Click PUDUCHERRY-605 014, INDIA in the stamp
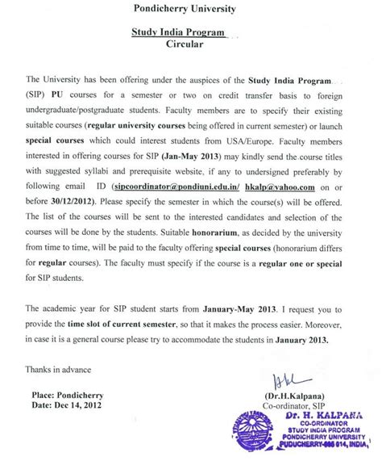pyautogui.click(x=321, y=454)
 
